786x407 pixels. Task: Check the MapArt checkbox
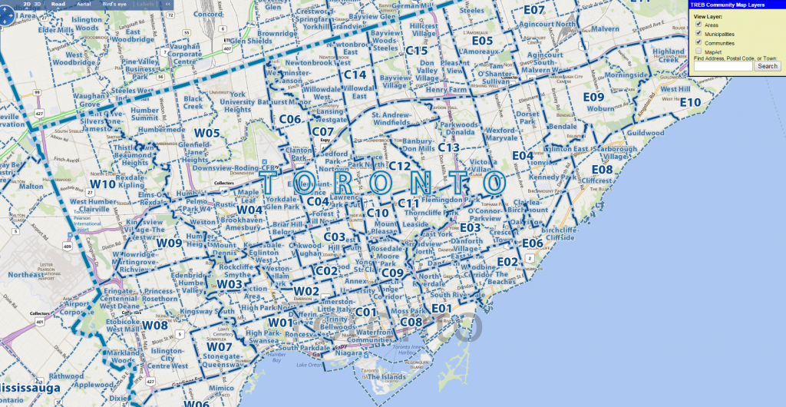[697, 51]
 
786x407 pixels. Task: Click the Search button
[768, 66]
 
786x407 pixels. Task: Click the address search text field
[722, 66]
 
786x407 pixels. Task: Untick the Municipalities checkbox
[697, 34]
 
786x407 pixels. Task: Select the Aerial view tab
[84, 4]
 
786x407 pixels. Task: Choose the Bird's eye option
[114, 4]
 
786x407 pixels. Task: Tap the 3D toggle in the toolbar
[38, 4]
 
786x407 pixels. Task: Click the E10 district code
[690, 102]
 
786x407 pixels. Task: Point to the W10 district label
[103, 184]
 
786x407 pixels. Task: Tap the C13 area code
[448, 147]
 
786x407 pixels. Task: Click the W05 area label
[207, 133]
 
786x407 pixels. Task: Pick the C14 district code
[355, 74]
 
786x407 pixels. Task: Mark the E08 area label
[602, 169]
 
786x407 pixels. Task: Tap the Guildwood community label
[644, 133]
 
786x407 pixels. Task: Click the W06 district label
[196, 403]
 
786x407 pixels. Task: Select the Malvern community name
[605, 29]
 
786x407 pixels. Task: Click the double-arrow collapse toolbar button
[167, 4]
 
